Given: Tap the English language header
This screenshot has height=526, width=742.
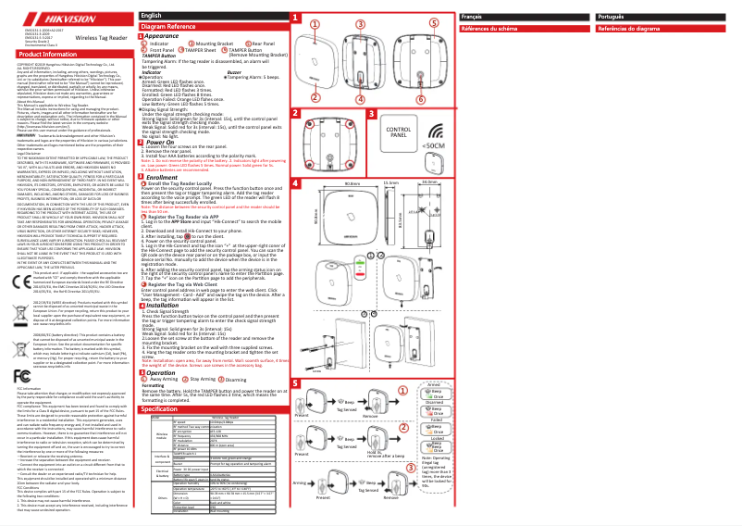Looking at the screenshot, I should coord(150,17).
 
